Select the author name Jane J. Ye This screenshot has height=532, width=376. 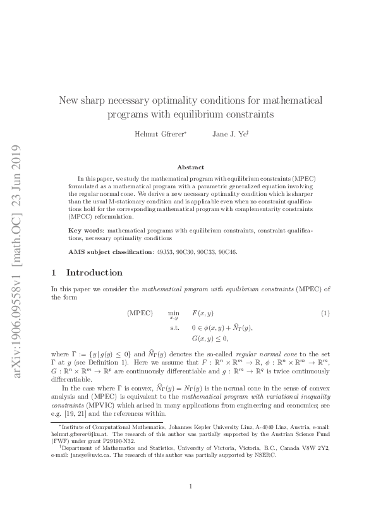tap(228, 134)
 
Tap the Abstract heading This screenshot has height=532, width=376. tap(190, 167)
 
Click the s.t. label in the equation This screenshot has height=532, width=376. tap(174, 328)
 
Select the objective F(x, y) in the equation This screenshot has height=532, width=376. tap(203, 314)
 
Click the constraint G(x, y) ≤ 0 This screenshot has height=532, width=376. tap(209, 339)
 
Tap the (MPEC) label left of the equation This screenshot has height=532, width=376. tap(140, 313)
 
